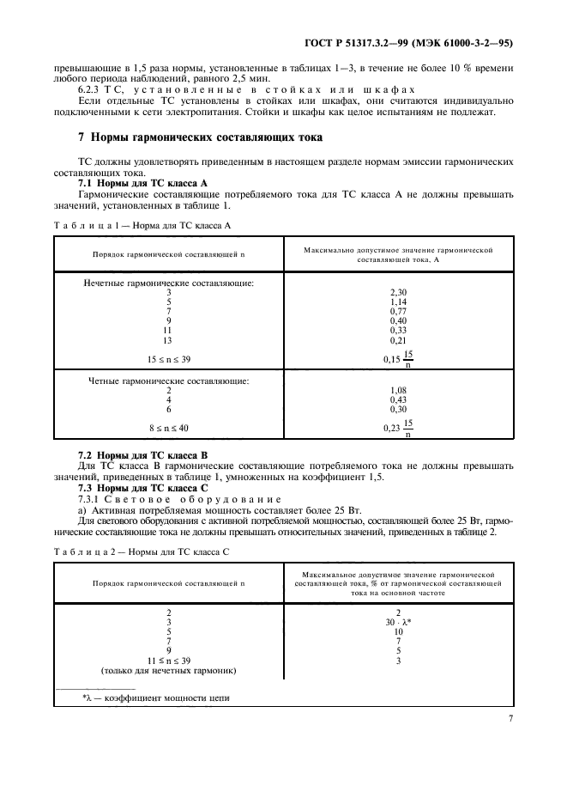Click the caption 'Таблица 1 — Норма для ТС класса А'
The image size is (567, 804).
tap(142, 226)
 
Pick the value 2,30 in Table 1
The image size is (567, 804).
tap(398, 292)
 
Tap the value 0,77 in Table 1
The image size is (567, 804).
tap(398, 311)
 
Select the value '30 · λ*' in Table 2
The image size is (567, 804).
tap(398, 622)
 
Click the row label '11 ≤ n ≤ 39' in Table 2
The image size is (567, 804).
tap(169, 660)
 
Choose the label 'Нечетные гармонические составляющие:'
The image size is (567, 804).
tap(169, 283)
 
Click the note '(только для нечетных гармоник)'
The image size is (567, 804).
tap(169, 670)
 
